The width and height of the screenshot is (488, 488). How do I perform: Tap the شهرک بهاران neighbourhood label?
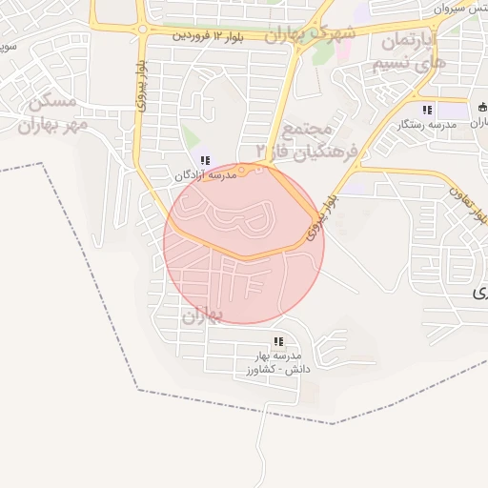(x=309, y=35)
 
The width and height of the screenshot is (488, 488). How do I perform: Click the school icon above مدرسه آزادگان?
(x=205, y=160)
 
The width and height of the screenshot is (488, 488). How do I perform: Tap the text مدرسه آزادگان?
(x=205, y=175)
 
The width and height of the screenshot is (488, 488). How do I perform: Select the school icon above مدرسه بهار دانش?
(x=278, y=340)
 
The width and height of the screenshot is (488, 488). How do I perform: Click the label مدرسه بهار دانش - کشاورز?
(x=277, y=361)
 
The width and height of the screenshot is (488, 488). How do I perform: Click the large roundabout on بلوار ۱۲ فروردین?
(x=142, y=30)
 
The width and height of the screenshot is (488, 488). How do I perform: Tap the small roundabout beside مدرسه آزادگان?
(x=243, y=172)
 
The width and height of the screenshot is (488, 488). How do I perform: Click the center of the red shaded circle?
(x=244, y=243)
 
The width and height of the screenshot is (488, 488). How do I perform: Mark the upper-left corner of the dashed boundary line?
(x=43, y=164)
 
